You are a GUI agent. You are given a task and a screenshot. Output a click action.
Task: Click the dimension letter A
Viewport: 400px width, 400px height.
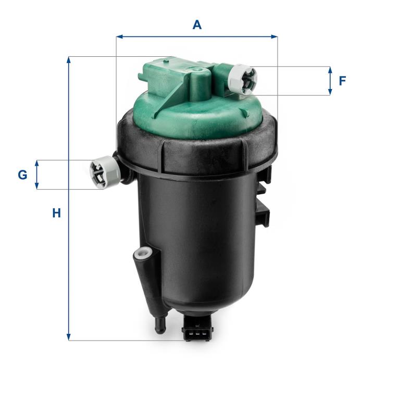(x=197, y=25)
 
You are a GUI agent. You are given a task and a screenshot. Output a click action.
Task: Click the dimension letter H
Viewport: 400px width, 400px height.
(x=56, y=213)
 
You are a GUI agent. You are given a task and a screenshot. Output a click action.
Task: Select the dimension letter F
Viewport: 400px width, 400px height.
(x=342, y=81)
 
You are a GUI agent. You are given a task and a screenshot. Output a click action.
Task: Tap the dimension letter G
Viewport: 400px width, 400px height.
(x=22, y=175)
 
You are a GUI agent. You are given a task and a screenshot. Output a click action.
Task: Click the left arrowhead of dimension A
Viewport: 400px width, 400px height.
(x=120, y=37)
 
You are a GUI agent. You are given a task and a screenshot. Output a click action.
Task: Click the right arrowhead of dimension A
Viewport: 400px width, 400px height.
(x=274, y=37)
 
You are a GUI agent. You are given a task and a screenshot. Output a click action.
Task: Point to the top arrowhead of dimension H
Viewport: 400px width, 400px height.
(x=68, y=60)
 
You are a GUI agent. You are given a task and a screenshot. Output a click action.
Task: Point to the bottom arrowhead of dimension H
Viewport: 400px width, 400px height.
(x=68, y=337)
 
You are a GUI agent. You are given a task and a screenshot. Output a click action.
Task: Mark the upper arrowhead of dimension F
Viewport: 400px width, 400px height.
(x=330, y=70)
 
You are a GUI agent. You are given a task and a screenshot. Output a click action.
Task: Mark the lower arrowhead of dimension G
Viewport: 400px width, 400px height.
(x=37, y=185)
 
